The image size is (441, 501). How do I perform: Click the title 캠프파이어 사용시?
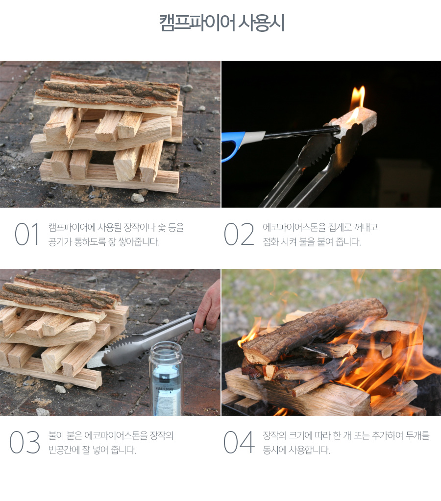click(x=222, y=23)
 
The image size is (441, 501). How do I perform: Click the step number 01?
click(x=27, y=234)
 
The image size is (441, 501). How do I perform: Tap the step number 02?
click(x=239, y=234)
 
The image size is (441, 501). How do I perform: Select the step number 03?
click(x=24, y=442)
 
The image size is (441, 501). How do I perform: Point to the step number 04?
click(x=239, y=442)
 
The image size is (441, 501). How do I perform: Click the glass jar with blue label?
click(x=166, y=379)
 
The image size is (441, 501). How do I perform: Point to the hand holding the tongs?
click(x=208, y=307)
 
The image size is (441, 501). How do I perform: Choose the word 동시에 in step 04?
click(x=274, y=450)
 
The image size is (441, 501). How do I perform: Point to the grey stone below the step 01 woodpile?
click(x=138, y=198)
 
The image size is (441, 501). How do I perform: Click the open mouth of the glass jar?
click(x=166, y=347)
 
